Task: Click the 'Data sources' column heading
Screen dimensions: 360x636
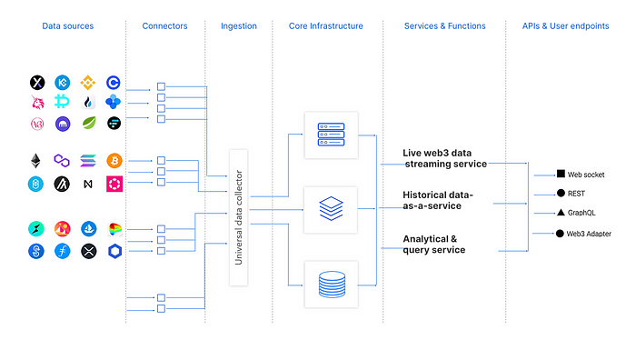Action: pyautogui.click(x=67, y=26)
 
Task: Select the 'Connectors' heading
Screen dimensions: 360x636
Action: pyautogui.click(x=164, y=26)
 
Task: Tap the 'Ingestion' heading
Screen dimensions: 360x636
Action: pyautogui.click(x=239, y=26)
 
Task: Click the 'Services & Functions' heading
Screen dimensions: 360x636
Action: pyautogui.click(x=445, y=26)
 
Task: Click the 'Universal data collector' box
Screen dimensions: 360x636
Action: pyautogui.click(x=239, y=217)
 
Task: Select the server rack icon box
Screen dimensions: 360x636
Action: pyautogui.click(x=331, y=135)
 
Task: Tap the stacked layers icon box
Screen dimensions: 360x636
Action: pyautogui.click(x=331, y=210)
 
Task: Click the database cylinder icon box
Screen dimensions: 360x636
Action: pyautogui.click(x=331, y=285)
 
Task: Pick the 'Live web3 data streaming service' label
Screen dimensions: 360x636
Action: pyautogui.click(x=445, y=157)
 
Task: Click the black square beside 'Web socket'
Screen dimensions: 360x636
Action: pyautogui.click(x=561, y=174)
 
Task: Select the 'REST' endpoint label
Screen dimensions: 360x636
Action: pyautogui.click(x=578, y=194)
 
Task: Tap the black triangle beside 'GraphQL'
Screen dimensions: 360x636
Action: pyautogui.click(x=561, y=213)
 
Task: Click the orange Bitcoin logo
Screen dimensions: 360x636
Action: pyautogui.click(x=114, y=161)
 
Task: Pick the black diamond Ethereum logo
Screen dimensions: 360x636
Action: pyautogui.click(x=36, y=161)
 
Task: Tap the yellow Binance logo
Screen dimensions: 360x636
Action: pyautogui.click(x=88, y=83)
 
